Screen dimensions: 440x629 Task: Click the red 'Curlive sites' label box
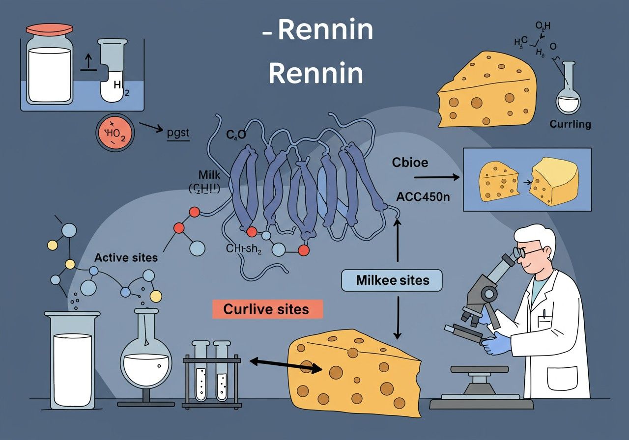click(x=267, y=309)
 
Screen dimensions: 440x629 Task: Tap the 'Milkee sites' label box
click(x=392, y=280)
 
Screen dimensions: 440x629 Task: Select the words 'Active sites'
click(x=126, y=257)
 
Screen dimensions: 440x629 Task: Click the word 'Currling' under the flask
click(x=570, y=124)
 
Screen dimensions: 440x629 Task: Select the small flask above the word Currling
click(x=569, y=91)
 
